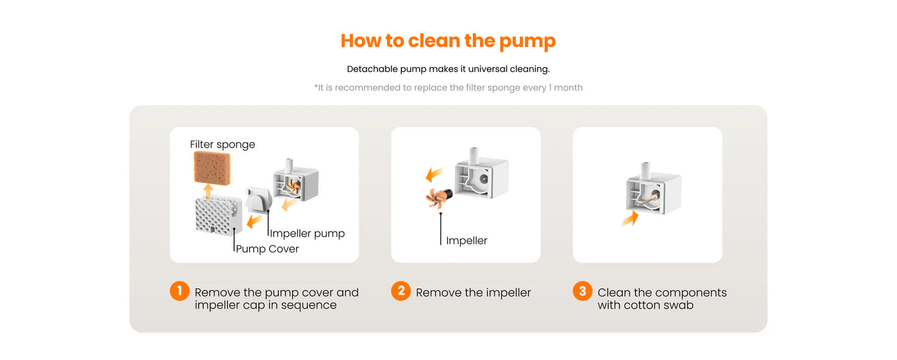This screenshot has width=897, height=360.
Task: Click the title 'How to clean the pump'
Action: point(448,41)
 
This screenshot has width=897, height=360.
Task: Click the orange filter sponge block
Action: point(212,168)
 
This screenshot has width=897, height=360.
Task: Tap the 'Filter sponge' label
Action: point(222,144)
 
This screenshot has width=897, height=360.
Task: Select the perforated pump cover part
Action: point(219,215)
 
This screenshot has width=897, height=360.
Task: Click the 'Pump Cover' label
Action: point(267,249)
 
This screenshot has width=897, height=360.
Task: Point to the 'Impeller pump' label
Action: point(307,233)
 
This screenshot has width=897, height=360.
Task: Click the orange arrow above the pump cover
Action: point(208,191)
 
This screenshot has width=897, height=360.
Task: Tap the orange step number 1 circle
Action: point(179,290)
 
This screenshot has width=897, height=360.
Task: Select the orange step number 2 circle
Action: point(401,290)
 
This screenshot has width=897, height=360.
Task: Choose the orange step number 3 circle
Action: point(583,290)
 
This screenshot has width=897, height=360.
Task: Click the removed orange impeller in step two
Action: point(438,198)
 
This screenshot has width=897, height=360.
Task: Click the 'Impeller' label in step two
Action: point(467,240)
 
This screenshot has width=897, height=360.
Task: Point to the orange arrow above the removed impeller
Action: point(434,175)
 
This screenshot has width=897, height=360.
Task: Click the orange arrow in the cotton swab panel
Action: point(630,218)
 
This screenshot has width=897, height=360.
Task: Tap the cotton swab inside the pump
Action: point(647,200)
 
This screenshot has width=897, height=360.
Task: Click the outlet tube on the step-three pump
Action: point(645,170)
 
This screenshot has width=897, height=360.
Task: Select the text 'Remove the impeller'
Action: point(473,292)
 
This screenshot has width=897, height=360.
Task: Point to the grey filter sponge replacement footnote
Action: point(448,88)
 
